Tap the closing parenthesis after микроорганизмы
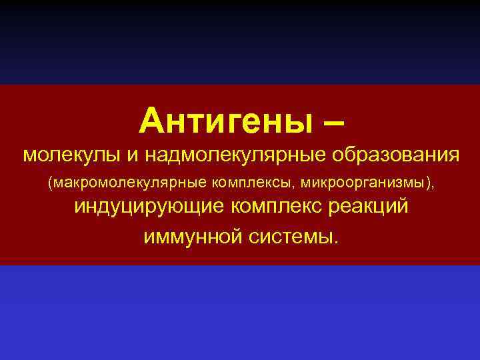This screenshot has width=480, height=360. coord(427,181)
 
